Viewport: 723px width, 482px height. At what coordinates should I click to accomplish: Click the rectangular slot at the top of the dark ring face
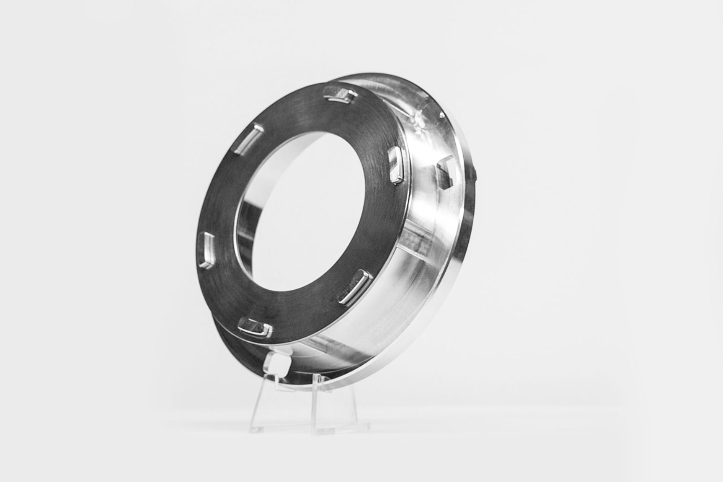[x=340, y=94]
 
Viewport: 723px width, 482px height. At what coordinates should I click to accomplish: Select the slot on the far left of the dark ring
[x=207, y=250]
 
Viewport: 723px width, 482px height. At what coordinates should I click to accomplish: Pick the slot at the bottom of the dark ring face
[x=255, y=327]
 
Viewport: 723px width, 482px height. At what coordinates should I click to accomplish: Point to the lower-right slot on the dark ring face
[x=356, y=286]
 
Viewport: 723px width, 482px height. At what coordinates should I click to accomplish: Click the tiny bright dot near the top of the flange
[x=441, y=114]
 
